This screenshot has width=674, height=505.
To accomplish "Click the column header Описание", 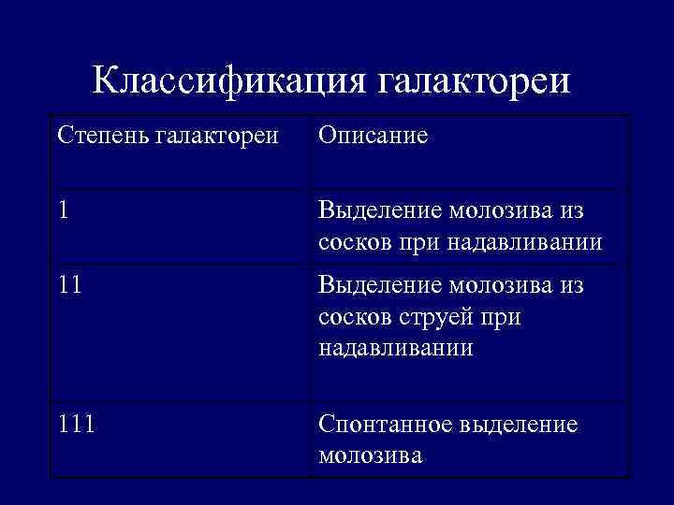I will (373, 136).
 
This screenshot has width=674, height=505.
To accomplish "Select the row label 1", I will (62, 211).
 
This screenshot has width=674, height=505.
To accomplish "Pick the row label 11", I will (68, 284).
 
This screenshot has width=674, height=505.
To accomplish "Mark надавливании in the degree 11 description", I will (395, 349).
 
